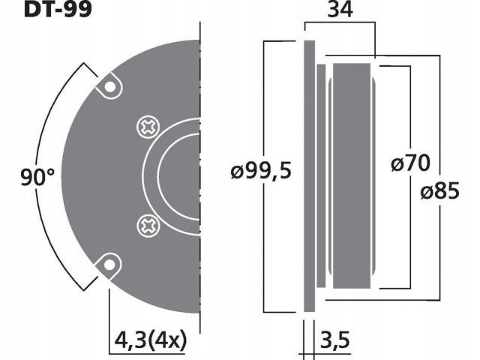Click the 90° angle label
tap(38, 178)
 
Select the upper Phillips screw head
tap(147, 128)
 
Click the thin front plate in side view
tap(309, 175)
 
